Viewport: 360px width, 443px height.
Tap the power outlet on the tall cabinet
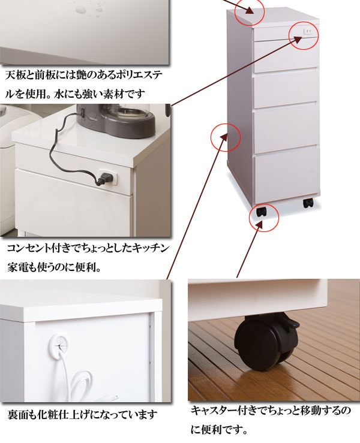(x=308, y=32)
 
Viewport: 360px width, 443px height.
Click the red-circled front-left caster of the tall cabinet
(x=262, y=212)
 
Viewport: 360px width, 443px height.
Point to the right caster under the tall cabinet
(x=308, y=203)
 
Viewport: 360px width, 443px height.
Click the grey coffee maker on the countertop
(x=116, y=119)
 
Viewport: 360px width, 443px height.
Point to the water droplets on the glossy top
(x=89, y=9)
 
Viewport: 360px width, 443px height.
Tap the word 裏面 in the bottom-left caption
(x=17, y=414)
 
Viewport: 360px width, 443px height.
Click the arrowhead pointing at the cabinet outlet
(x=296, y=40)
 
